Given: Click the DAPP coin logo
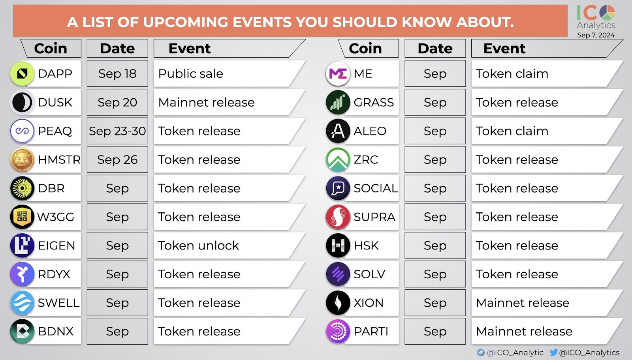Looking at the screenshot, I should pyautogui.click(x=22, y=73).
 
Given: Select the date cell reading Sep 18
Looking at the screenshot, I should pyautogui.click(x=117, y=74).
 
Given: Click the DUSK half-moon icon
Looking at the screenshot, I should pyautogui.click(x=22, y=102).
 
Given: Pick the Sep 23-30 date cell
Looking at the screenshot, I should pyautogui.click(x=117, y=131).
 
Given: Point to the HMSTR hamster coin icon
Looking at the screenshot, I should pyautogui.click(x=22, y=159).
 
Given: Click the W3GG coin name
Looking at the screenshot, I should pyautogui.click(x=56, y=217).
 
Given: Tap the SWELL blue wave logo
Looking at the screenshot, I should pyautogui.click(x=22, y=303).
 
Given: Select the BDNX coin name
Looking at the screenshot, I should pyautogui.click(x=56, y=332).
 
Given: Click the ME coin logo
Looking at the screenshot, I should pyautogui.click(x=338, y=74).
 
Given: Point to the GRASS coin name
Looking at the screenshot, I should pyautogui.click(x=374, y=103).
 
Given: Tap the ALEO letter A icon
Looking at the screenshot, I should pyautogui.click(x=338, y=131).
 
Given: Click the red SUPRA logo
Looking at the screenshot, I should pyautogui.click(x=338, y=217).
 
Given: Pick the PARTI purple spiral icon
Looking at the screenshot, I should pyautogui.click(x=338, y=332).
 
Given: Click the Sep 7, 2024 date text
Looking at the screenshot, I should pyautogui.click(x=596, y=35).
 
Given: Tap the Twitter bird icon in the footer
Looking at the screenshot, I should pyautogui.click(x=553, y=352).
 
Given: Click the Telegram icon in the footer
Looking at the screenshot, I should pyautogui.click(x=481, y=352).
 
